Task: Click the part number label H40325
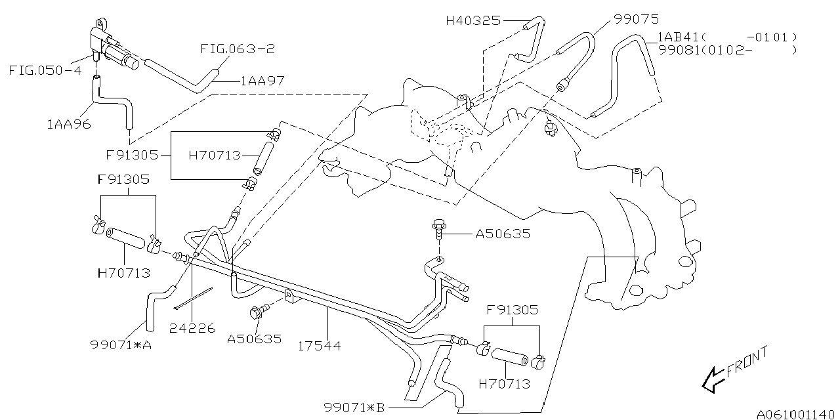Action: pyautogui.click(x=472, y=20)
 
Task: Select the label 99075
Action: pyautogui.click(x=636, y=19)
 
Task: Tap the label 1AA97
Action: pyautogui.click(x=262, y=81)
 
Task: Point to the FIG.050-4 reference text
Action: pyautogui.click(x=45, y=70)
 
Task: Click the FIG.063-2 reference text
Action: pyautogui.click(x=237, y=48)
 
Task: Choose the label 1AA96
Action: pyautogui.click(x=68, y=123)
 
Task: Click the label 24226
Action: pyautogui.click(x=192, y=328)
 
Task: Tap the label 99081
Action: pyautogui.click(x=679, y=50)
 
